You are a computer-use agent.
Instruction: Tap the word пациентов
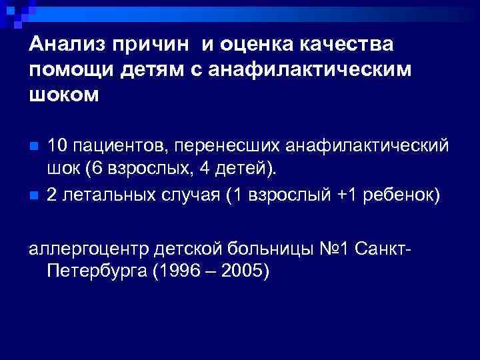(119, 145)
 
